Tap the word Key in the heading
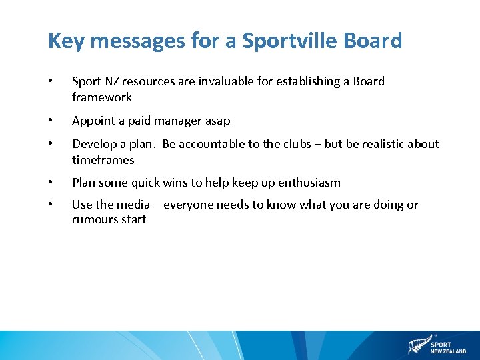click(65, 41)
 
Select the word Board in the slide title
click(373, 41)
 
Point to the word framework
click(102, 97)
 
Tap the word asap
click(217, 121)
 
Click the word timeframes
click(103, 160)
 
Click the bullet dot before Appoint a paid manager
click(51, 121)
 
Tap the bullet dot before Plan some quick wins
click(51, 183)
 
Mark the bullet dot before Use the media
click(51, 205)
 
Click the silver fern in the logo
click(419, 345)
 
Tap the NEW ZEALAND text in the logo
click(448, 351)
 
